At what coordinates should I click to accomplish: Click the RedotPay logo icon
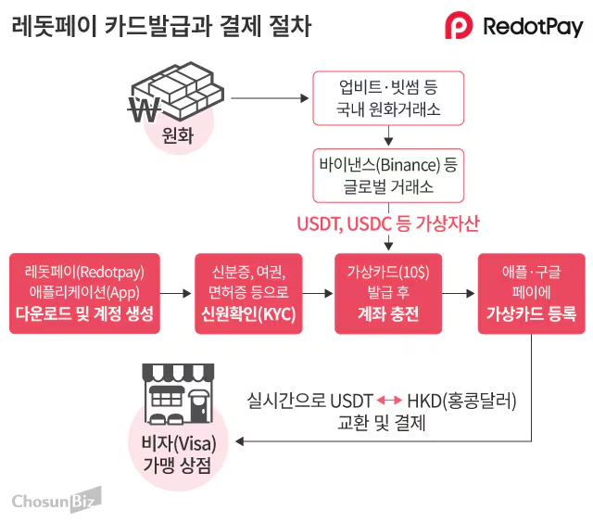[x=461, y=25]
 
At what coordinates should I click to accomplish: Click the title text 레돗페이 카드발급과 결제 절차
[x=161, y=26]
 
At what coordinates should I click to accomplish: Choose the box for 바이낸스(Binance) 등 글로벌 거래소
[x=388, y=176]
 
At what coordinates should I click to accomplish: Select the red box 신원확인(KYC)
[x=248, y=293]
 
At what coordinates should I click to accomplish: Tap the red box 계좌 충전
[x=388, y=293]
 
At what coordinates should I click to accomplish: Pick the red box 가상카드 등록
[x=532, y=293]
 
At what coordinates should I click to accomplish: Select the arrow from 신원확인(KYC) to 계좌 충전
[x=318, y=293]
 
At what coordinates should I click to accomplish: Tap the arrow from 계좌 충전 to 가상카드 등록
[x=459, y=293]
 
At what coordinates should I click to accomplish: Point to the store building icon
[x=176, y=394]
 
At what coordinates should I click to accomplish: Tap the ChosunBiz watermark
[x=56, y=500]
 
